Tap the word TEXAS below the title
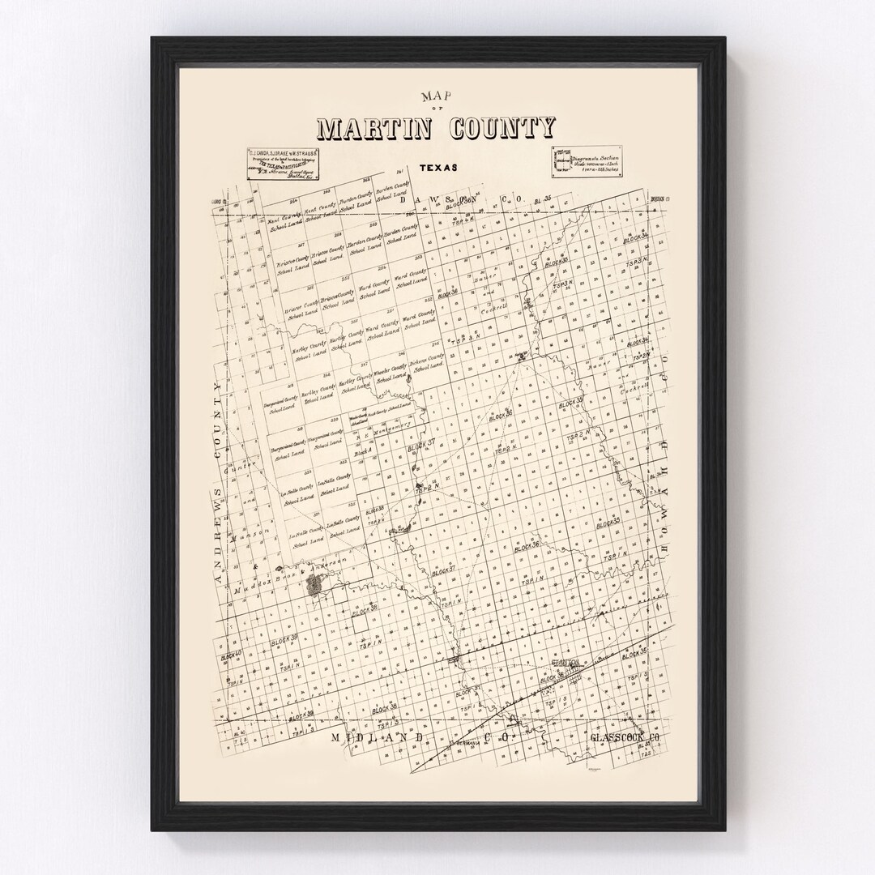(x=438, y=169)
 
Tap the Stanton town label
(x=566, y=663)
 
